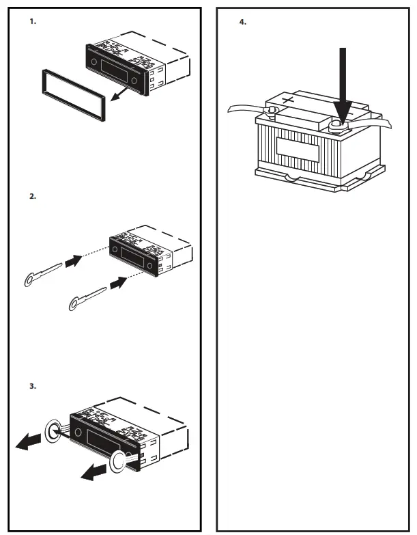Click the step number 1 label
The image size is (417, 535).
pyautogui.click(x=32, y=22)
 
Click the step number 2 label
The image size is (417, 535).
pyautogui.click(x=32, y=196)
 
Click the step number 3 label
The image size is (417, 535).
pyautogui.click(x=32, y=386)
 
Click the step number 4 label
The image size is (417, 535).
pyautogui.click(x=242, y=22)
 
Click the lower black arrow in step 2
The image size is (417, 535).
pyautogui.click(x=118, y=281)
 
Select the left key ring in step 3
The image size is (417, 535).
pyautogui.click(x=53, y=430)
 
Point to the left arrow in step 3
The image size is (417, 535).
pyautogui.click(x=31, y=443)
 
